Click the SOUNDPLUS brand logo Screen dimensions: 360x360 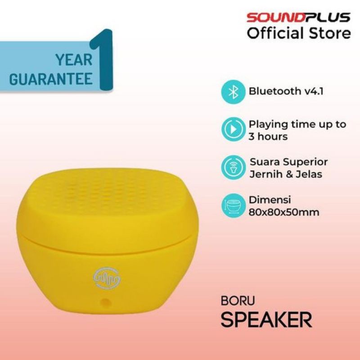298,18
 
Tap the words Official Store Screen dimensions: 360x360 298,33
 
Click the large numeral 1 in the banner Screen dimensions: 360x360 102,60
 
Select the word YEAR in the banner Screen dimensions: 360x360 74,59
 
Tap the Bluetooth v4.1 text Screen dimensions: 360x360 286,91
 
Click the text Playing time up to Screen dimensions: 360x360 297,124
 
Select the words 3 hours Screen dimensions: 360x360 268,136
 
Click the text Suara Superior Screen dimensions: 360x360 288,162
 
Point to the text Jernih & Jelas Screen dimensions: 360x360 285,174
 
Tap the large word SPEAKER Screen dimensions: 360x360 266,320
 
